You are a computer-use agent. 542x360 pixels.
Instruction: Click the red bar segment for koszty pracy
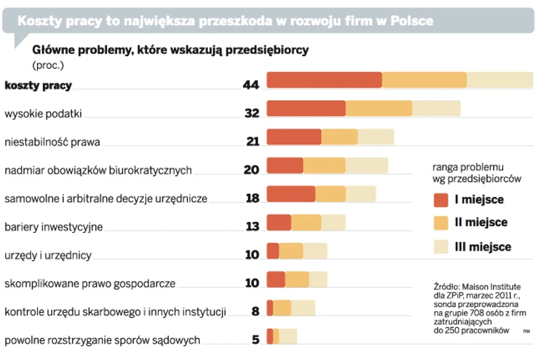coord(324,79)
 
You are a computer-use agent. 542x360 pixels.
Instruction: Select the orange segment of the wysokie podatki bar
coord(378,108)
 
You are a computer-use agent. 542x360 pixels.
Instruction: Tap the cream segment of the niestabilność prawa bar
coord(376,137)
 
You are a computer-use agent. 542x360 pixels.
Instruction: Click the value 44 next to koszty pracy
coord(251,85)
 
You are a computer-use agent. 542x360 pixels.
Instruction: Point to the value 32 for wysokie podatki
coord(252,114)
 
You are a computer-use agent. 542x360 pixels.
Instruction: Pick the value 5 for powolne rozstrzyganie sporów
coord(255,340)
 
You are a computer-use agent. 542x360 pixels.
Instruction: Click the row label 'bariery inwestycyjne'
coord(54,227)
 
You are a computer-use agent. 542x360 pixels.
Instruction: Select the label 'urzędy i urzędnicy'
coord(48,255)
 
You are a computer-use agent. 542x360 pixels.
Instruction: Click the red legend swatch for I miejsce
coord(442,200)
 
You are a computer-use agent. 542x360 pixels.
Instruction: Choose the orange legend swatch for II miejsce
coord(442,223)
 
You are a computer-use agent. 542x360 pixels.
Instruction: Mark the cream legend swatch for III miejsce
coord(442,246)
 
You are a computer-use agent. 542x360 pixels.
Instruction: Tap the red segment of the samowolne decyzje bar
coord(291,194)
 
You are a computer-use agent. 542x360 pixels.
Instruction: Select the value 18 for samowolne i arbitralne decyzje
coord(252,199)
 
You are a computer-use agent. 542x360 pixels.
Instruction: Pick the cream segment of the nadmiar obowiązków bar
coord(366,166)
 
